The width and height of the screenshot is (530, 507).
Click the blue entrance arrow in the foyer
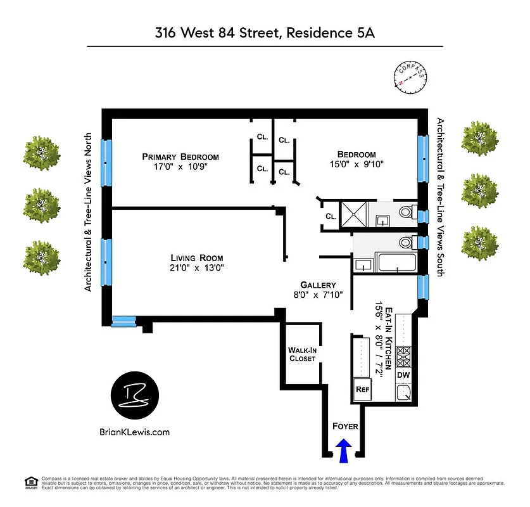344,452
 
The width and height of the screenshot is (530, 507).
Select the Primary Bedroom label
180,157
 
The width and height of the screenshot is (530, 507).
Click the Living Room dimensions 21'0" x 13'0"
196,268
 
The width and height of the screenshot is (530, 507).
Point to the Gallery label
318,285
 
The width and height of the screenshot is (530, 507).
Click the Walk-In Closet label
302,354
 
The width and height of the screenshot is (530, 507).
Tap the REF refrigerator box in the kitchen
362,390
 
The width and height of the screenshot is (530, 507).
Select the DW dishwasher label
403,376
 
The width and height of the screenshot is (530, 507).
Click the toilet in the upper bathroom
406,212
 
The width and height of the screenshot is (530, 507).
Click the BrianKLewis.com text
135,432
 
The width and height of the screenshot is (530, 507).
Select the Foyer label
345,427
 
